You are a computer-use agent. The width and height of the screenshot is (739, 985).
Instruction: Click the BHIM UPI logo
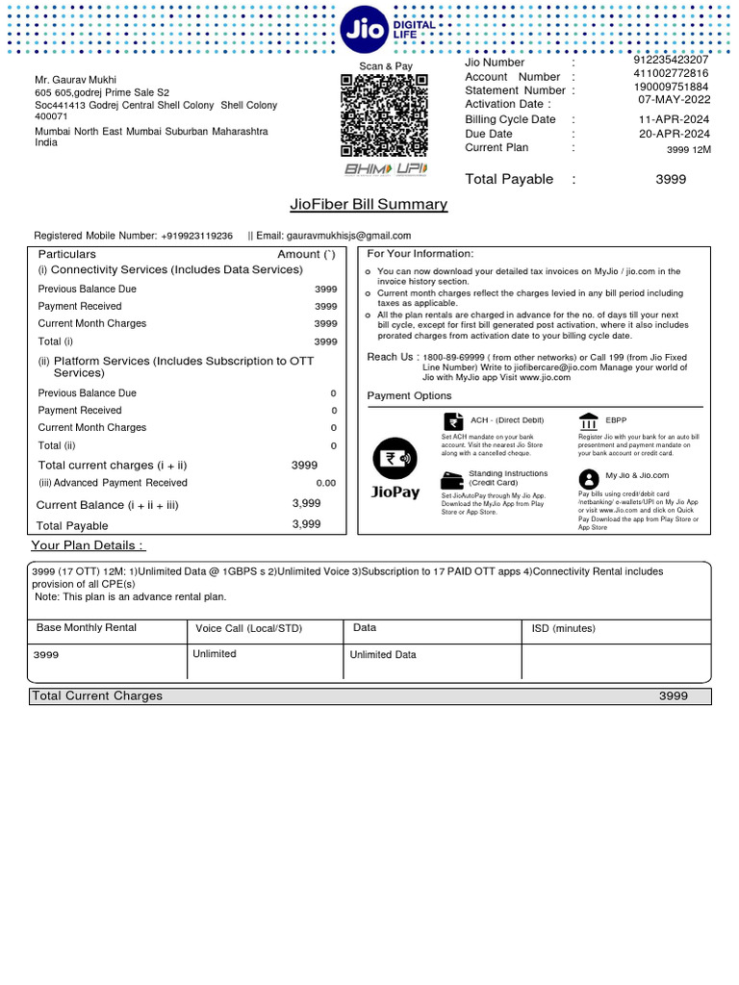coord(385,169)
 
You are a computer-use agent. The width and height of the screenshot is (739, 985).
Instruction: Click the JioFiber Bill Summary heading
coord(369,204)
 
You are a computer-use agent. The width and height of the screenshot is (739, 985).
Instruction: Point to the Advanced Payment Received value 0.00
coord(326,483)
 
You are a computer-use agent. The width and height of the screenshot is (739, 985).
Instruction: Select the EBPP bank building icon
coord(588,420)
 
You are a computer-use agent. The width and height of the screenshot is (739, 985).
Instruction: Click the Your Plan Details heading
coord(88,546)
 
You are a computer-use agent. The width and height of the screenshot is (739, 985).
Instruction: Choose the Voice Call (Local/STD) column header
coord(248,628)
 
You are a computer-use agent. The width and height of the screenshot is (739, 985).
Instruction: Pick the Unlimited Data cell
coord(383,655)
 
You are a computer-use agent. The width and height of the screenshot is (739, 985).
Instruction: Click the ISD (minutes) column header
coord(564,628)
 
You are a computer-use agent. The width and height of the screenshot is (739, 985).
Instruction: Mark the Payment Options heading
coord(409,396)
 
